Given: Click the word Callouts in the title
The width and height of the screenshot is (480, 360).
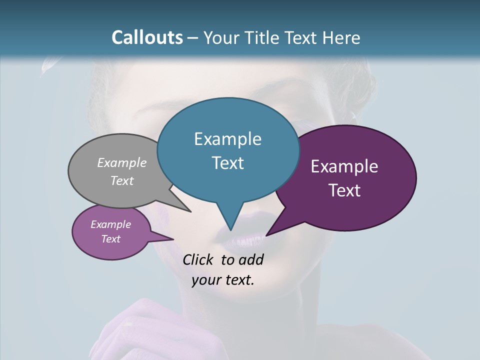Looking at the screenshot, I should tap(147, 37).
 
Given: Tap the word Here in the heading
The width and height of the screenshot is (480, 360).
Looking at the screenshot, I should tap(341, 37).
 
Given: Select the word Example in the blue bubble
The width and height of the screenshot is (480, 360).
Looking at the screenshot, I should tap(227, 139).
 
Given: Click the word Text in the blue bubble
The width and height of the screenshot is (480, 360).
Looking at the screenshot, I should tap(227, 163).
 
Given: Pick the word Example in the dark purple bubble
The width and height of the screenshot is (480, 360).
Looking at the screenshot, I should tap(344, 166).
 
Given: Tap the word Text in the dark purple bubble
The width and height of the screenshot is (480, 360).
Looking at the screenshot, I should tap(344, 190).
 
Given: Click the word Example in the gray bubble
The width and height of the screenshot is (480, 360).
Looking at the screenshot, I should tap(121, 162).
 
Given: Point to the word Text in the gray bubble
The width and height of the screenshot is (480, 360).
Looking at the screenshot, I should tap(121, 180).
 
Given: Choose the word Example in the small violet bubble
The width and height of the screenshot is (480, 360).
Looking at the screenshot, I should tap(110, 224).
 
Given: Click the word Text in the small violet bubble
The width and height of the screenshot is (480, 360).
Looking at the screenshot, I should tap(110, 239).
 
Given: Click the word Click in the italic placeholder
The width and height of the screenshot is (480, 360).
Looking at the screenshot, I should tap(198, 259).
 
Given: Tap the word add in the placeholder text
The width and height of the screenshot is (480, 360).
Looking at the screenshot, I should tap(250, 259).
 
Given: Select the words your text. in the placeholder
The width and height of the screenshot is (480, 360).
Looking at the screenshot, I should tap(223, 280).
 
